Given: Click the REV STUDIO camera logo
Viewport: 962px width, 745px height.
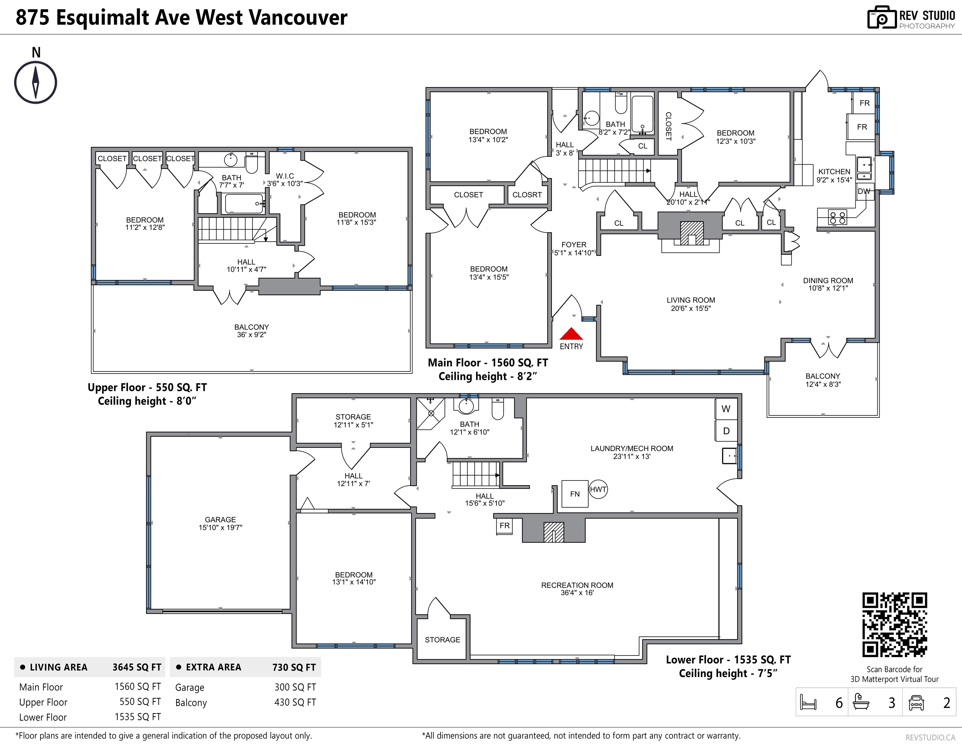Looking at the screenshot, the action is pyautogui.click(x=882, y=18).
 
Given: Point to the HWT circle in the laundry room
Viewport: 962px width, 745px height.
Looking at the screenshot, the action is pyautogui.click(x=598, y=489).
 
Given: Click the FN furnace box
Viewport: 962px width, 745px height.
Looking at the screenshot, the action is pyautogui.click(x=575, y=494).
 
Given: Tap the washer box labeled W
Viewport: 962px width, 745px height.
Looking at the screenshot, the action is pyautogui.click(x=726, y=409).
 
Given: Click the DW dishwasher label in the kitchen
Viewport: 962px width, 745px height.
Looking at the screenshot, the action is pyautogui.click(x=864, y=191).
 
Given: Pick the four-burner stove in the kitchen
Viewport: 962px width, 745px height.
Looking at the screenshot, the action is pyautogui.click(x=837, y=218).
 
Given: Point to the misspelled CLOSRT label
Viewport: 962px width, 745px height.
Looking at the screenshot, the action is pyautogui.click(x=527, y=195).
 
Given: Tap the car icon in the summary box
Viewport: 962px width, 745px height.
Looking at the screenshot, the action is pyautogui.click(x=916, y=702).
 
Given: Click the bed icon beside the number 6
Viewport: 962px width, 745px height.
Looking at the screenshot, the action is pyautogui.click(x=808, y=702).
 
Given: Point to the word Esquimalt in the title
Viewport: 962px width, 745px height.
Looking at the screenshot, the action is pyautogui.click(x=123, y=18).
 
